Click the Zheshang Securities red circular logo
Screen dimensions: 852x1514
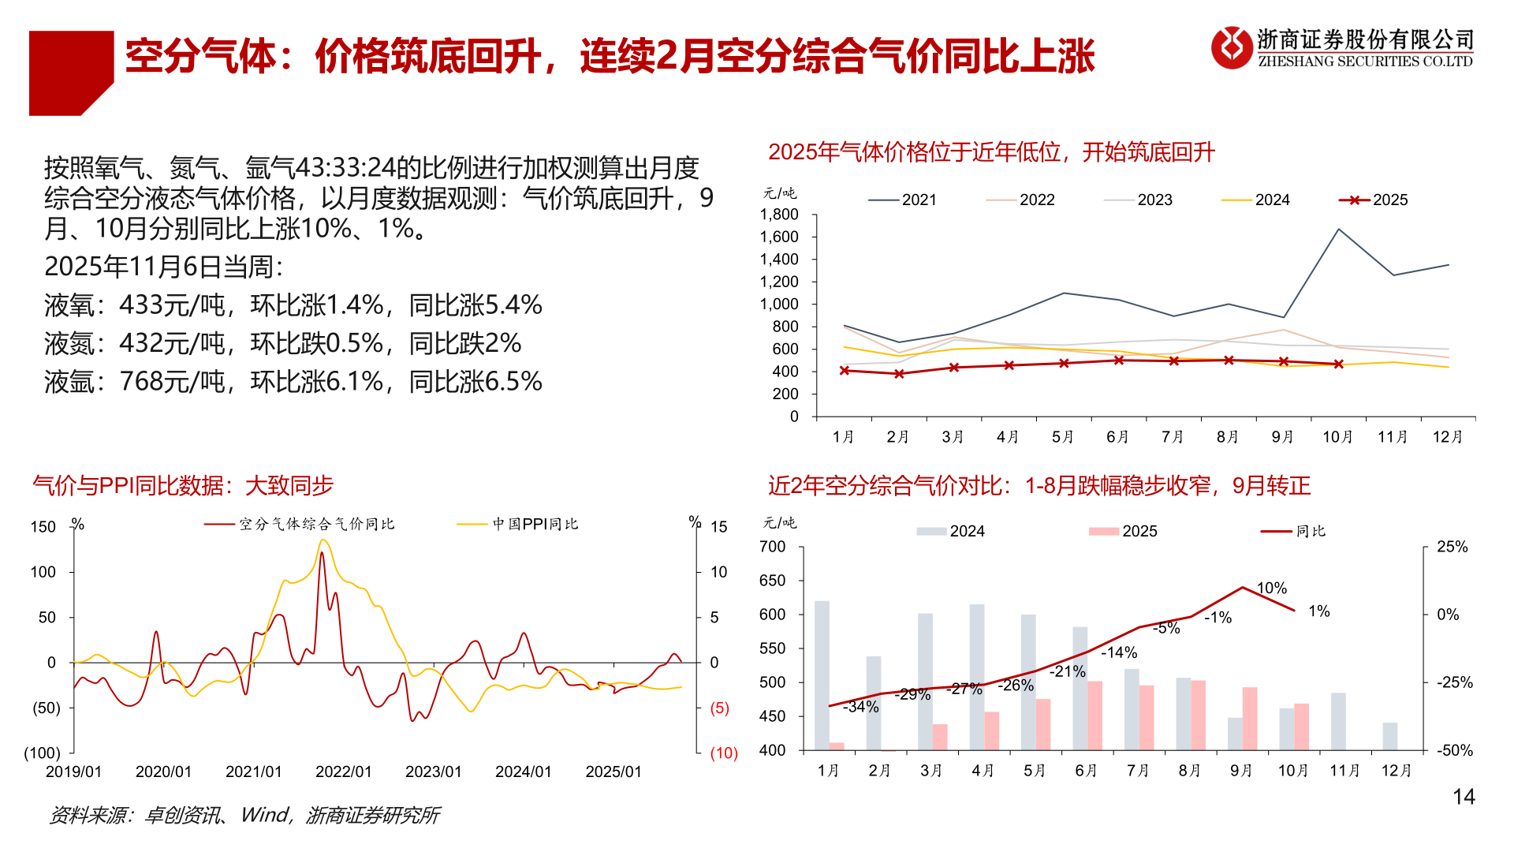pyautogui.click(x=1232, y=47)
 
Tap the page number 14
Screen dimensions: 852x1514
pyautogui.click(x=1464, y=797)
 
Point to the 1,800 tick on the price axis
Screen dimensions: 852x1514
pyautogui.click(x=779, y=215)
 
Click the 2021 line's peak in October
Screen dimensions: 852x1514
pyautogui.click(x=1338, y=230)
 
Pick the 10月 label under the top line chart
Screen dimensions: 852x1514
pyautogui.click(x=1337, y=437)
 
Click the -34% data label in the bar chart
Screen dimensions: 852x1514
pyautogui.click(x=860, y=707)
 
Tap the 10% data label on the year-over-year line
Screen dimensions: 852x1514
pyautogui.click(x=1271, y=588)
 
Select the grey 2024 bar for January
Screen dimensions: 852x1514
pyautogui.click(x=822, y=674)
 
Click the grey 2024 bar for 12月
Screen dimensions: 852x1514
pyautogui.click(x=1389, y=736)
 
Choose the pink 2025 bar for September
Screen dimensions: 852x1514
pyautogui.click(x=1250, y=718)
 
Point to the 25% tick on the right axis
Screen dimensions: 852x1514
pyautogui.click(x=1452, y=547)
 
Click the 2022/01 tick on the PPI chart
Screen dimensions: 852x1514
pyautogui.click(x=343, y=772)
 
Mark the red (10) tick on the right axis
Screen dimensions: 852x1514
pyautogui.click(x=723, y=753)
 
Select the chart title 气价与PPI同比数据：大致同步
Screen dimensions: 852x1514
pyautogui.click(x=183, y=486)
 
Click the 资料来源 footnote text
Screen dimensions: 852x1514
pyautogui.click(x=244, y=815)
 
